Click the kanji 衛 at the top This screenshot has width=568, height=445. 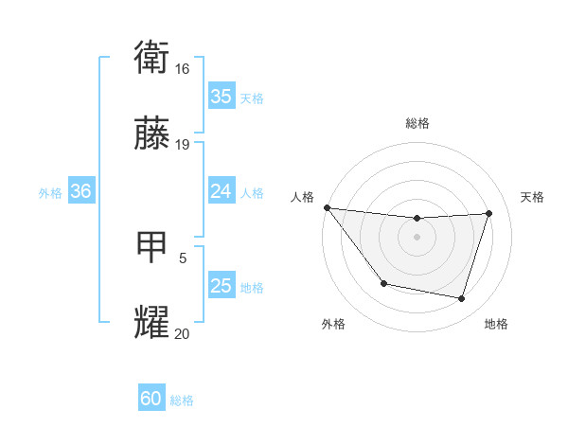pos(152,59)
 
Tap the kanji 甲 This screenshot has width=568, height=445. pos(152,247)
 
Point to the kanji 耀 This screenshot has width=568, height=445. pos(152,322)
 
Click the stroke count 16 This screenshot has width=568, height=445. pos(183,69)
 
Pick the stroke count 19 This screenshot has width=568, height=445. pos(183,145)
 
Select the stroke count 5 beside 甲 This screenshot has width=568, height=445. pos(183,257)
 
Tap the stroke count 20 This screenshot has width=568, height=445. pos(183,332)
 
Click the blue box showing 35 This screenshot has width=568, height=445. pos(221,97)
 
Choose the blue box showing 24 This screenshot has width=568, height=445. pos(221,191)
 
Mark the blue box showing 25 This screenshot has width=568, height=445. pos(221,286)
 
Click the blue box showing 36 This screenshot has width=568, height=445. pos(81,191)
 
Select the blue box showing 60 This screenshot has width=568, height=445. pos(151,399)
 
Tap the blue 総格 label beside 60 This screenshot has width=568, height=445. pos(182,400)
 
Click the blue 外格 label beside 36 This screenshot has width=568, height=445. pos(50,193)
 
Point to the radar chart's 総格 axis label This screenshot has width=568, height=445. pos(417,123)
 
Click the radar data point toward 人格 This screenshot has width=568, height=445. pos(327,207)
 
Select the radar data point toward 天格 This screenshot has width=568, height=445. pos(489,213)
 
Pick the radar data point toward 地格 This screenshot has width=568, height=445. pos(462,299)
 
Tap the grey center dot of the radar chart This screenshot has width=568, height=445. pos(417,237)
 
